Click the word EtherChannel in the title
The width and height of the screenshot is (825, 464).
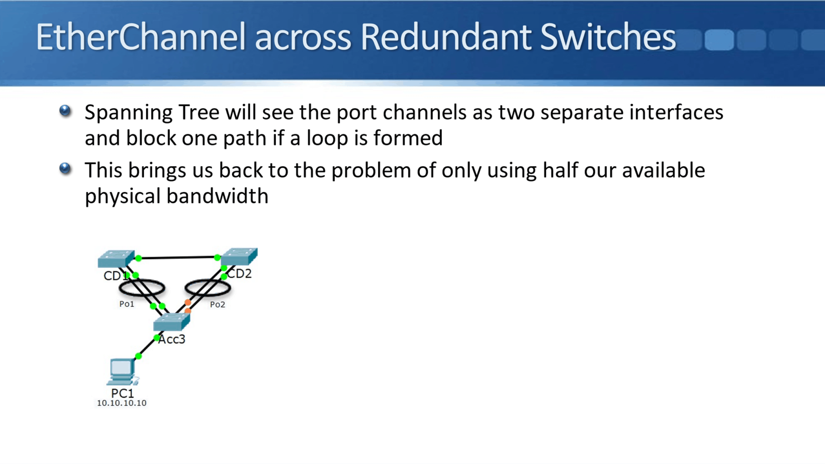coord(140,37)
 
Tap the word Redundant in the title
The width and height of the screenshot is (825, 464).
coord(446,37)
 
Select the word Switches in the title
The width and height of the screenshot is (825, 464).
coord(607,37)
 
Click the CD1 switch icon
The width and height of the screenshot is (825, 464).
coord(116,259)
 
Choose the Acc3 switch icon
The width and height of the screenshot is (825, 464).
coord(172,322)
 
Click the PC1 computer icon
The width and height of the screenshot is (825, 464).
coord(122,372)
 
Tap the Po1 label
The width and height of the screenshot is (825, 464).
coord(126,304)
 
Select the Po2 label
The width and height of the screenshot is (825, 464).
coord(218,305)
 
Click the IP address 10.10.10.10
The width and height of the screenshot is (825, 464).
coord(122,403)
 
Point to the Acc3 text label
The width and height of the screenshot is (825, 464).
coord(172,340)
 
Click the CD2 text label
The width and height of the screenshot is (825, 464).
coord(240,274)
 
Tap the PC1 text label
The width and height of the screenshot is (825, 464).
coord(122,393)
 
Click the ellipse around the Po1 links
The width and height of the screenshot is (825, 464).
coord(142,288)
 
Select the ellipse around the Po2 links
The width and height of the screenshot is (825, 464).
coord(208,288)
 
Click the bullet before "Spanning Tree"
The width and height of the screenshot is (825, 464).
coord(65,111)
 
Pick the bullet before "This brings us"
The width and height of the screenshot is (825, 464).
coord(65,168)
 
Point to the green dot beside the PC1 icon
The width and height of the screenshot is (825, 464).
coord(138,356)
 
